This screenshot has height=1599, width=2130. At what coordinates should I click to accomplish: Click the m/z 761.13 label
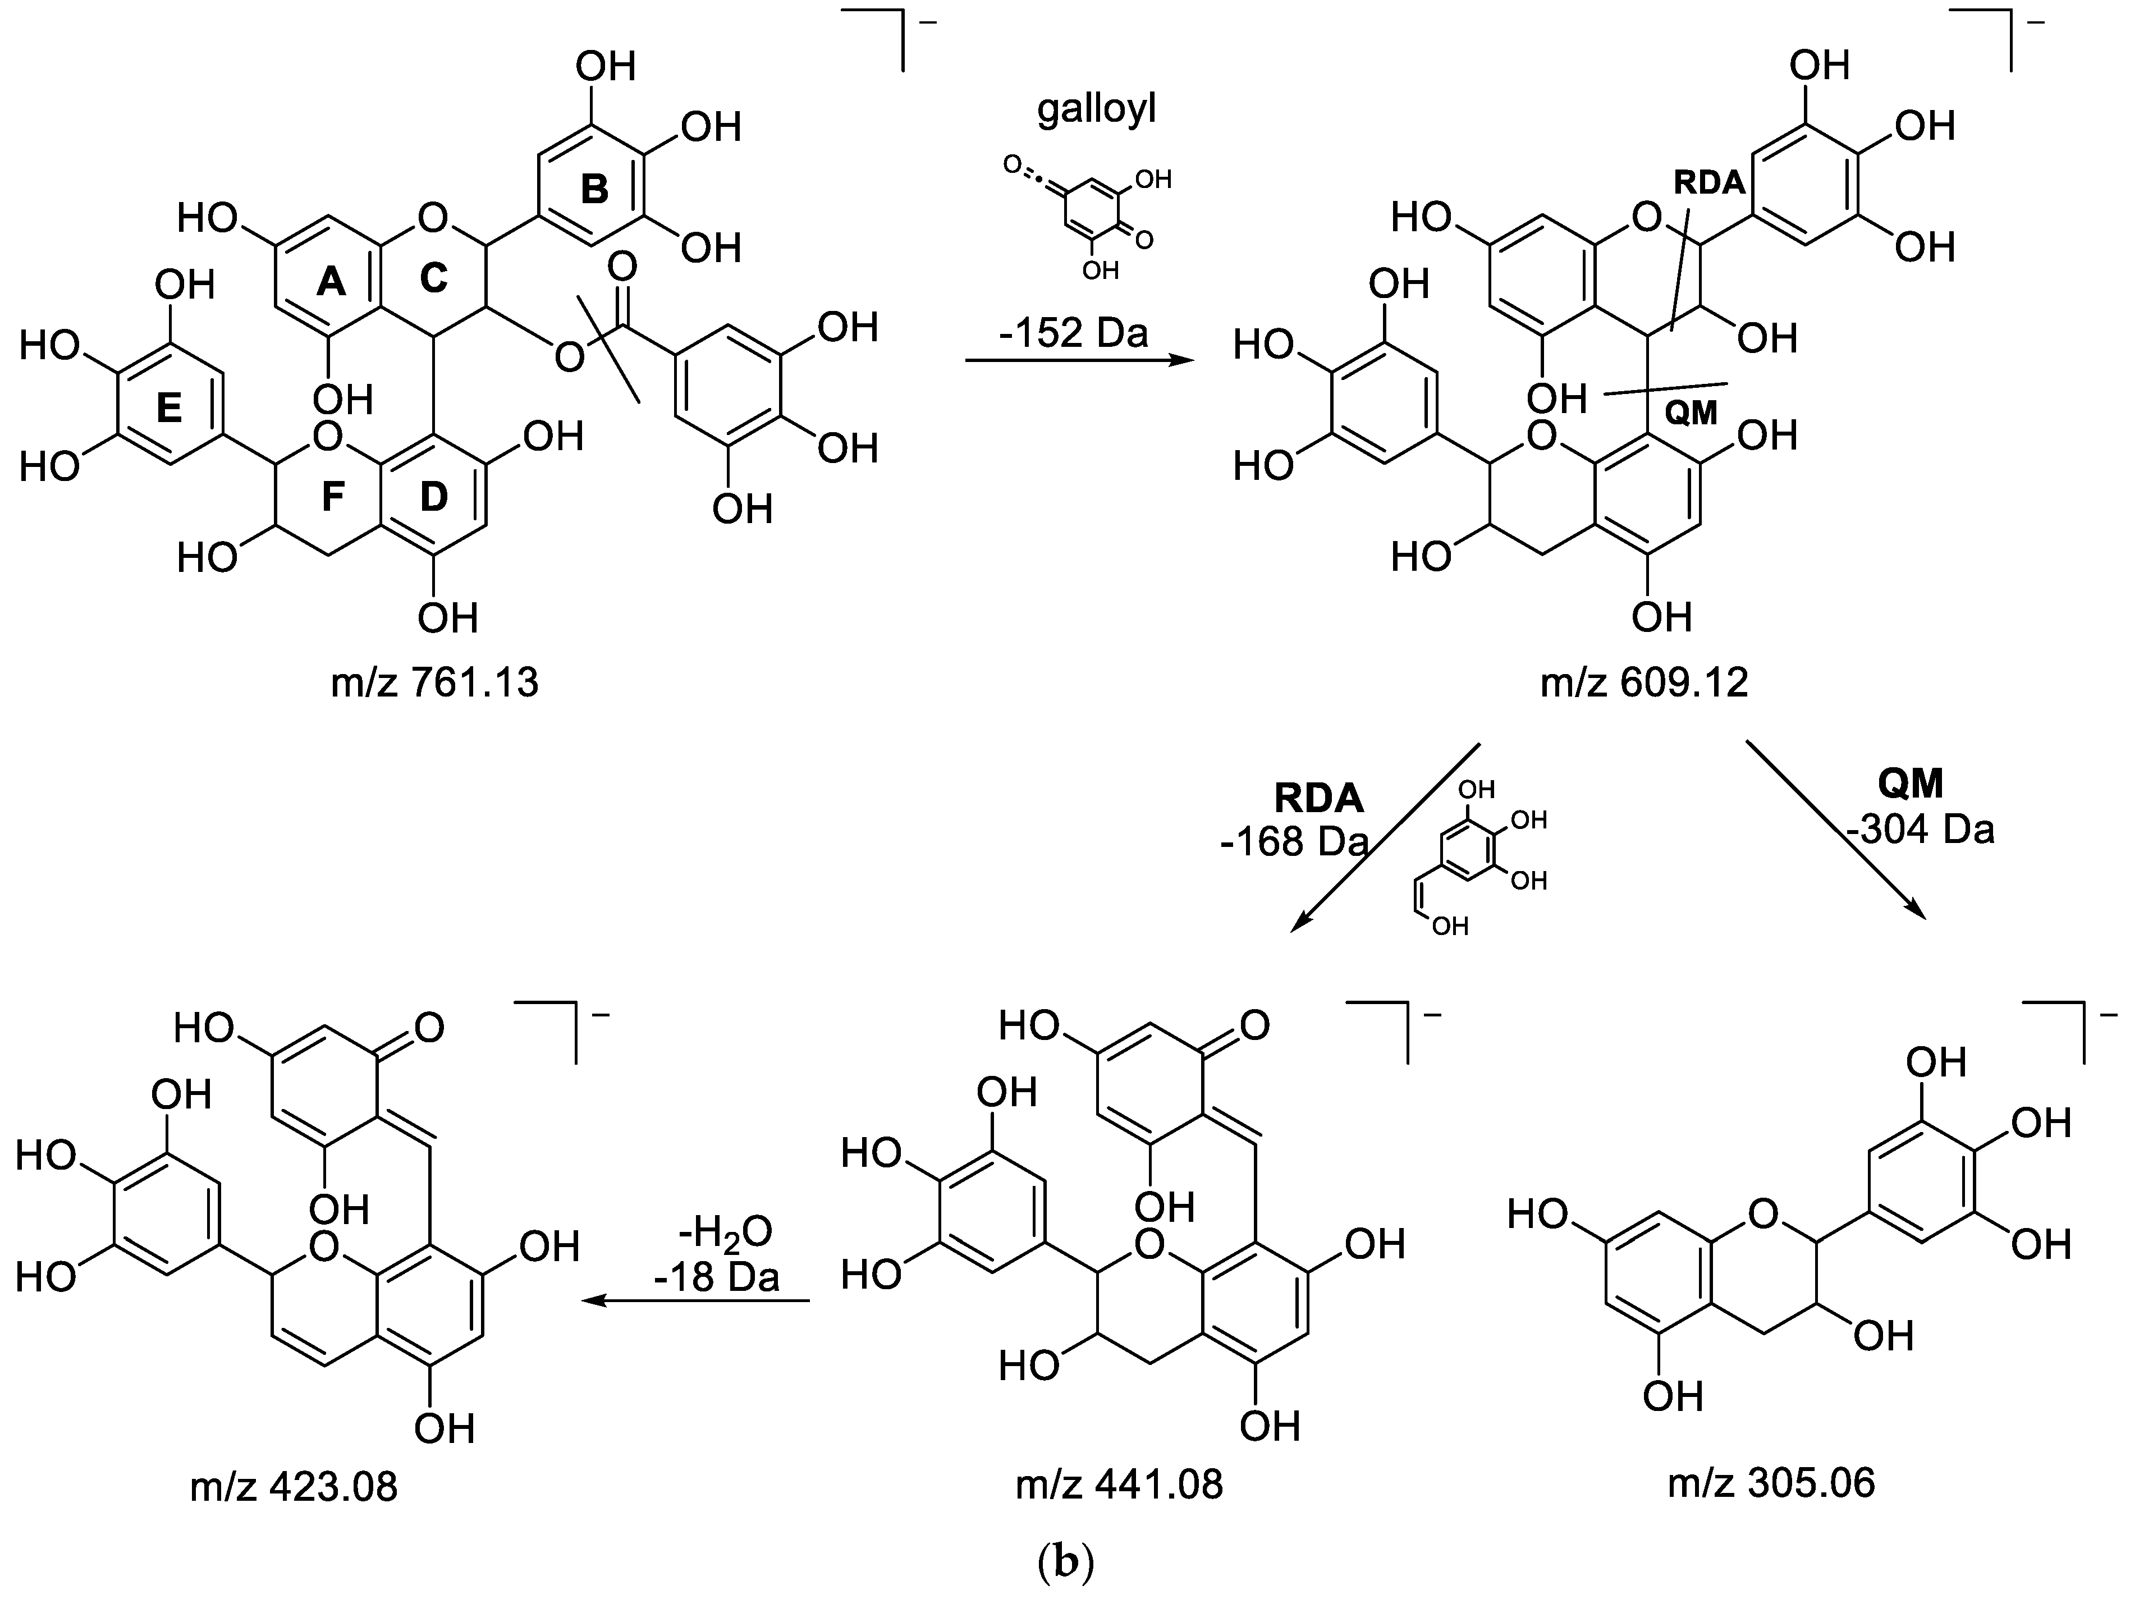pyautogui.click(x=434, y=682)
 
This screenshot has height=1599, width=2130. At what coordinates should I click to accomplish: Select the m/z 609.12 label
pyautogui.click(x=1644, y=682)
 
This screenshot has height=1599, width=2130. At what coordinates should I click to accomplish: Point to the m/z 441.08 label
pyautogui.click(x=1119, y=1485)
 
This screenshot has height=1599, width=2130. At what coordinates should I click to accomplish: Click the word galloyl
pyautogui.click(x=1096, y=110)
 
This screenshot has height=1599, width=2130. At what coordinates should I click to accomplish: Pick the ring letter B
pyautogui.click(x=594, y=189)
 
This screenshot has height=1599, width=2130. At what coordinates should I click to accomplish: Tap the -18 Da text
pyautogui.click(x=716, y=1276)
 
